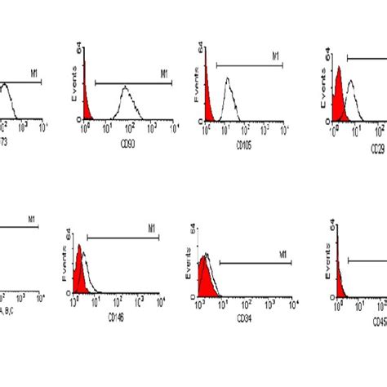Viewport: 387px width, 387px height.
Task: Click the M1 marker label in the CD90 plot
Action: pos(163,73)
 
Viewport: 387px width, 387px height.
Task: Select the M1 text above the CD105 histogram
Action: pos(276,55)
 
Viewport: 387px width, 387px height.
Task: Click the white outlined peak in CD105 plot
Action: pos(229,98)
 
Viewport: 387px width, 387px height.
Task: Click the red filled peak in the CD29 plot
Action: pos(338,98)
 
